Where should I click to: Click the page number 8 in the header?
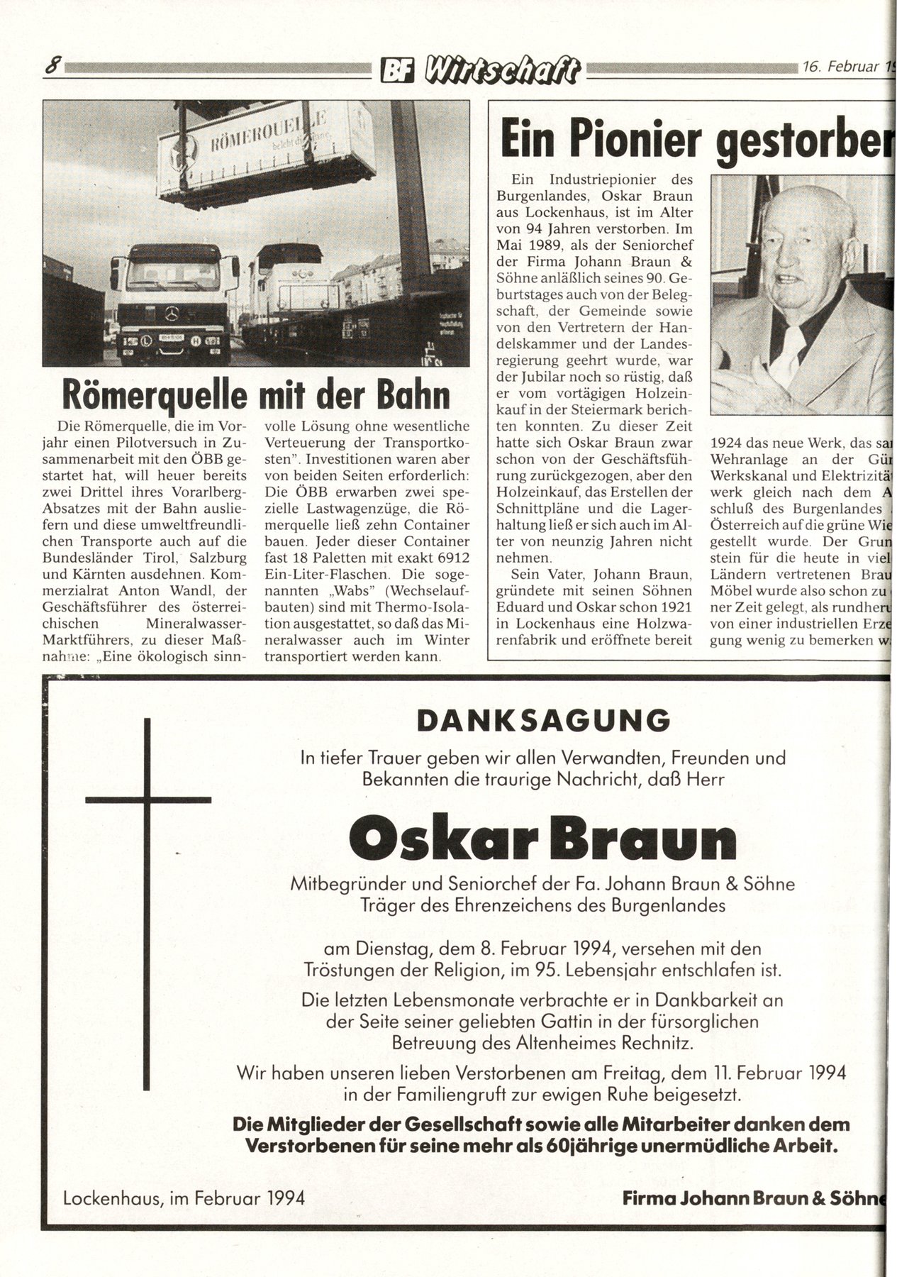click(x=52, y=67)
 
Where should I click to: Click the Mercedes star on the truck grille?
click(x=174, y=314)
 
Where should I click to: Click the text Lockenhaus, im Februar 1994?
click(x=184, y=1198)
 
